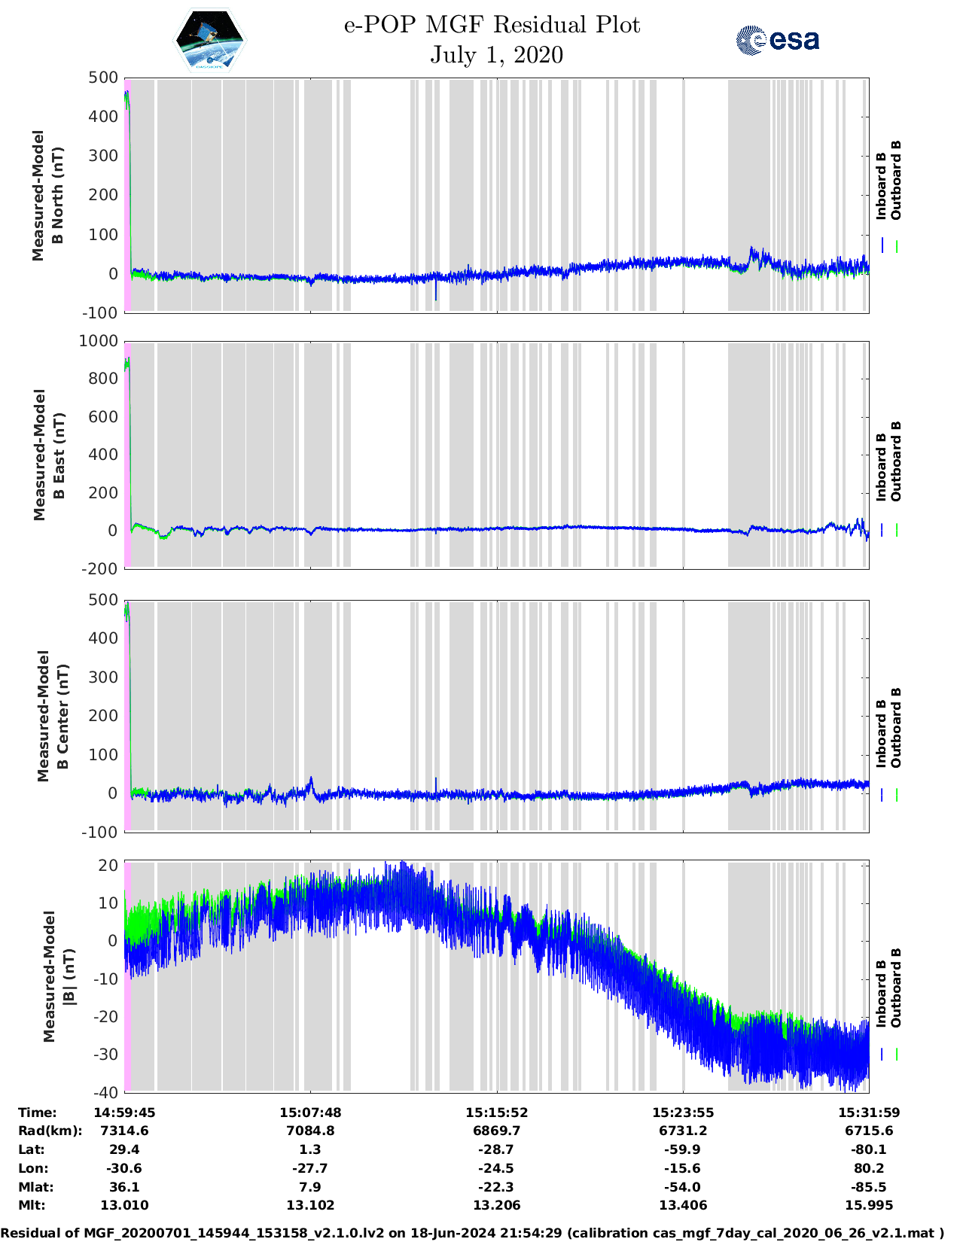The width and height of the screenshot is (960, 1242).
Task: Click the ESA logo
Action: pyautogui.click(x=777, y=40)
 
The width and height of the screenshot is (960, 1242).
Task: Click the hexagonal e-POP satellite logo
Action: pyautogui.click(x=209, y=41)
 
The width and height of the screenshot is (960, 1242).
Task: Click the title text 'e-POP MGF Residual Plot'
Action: pyautogui.click(x=492, y=25)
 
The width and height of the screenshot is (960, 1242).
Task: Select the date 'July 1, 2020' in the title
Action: pyautogui.click(x=496, y=55)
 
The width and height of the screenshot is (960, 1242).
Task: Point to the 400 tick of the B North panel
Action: pyautogui.click(x=103, y=117)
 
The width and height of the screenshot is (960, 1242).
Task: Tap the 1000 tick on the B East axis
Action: pyautogui.click(x=99, y=341)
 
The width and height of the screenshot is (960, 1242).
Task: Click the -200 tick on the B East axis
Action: pyautogui.click(x=102, y=569)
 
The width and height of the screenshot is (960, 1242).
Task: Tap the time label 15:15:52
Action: pyautogui.click(x=496, y=1113)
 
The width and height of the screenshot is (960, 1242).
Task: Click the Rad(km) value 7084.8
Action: pyautogui.click(x=310, y=1131)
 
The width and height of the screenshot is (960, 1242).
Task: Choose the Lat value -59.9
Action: pyautogui.click(x=683, y=1149)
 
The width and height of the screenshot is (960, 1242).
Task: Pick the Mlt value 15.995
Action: pyautogui.click(x=869, y=1205)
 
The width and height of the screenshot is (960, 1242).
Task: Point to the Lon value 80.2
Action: pyautogui.click(x=869, y=1168)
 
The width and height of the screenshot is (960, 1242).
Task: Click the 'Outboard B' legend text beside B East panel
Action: pyautogui.click(x=896, y=461)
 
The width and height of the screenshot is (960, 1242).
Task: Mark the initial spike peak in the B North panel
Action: pyautogui.click(x=126, y=93)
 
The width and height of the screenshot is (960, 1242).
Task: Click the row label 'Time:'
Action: pyautogui.click(x=38, y=1113)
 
